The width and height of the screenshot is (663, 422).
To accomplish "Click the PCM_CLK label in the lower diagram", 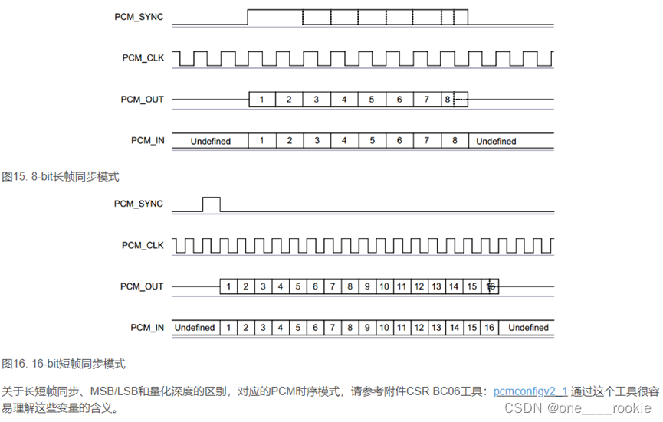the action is (143, 245).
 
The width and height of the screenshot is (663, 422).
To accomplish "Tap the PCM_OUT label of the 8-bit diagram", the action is (142, 100).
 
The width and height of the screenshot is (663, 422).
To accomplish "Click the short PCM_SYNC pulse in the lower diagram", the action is (211, 204).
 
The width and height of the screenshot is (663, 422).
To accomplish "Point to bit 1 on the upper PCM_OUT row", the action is (261, 100).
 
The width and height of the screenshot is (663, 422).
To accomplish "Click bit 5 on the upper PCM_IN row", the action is (372, 141).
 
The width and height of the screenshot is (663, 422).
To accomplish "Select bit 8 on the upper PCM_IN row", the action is (455, 141).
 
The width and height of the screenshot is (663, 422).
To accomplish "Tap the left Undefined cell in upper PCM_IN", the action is (210, 141).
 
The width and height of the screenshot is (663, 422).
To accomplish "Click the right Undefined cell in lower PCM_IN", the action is (528, 328).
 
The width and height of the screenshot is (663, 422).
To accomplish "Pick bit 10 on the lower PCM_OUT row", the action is (385, 286).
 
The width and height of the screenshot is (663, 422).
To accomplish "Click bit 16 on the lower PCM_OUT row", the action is (491, 286).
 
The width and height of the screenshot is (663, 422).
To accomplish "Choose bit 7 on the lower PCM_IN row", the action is (333, 328).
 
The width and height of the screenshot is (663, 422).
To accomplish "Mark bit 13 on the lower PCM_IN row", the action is (437, 328).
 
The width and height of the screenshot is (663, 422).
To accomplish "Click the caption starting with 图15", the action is (61, 176).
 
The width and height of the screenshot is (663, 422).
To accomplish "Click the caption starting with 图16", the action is (64, 363).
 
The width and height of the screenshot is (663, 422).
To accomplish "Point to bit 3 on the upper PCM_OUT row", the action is (317, 100).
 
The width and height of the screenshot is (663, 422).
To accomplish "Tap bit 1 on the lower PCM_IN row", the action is (228, 328).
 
